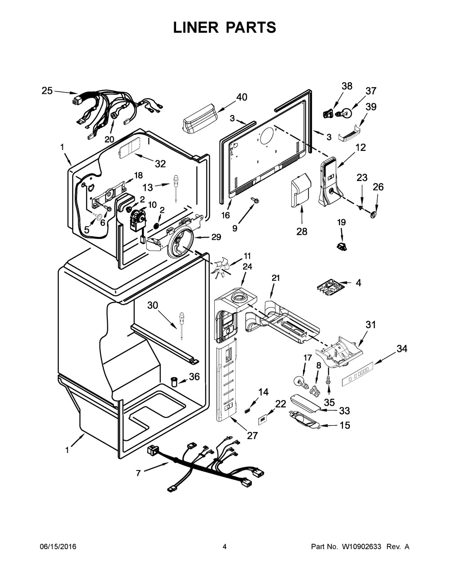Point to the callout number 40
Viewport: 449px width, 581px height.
point(242,97)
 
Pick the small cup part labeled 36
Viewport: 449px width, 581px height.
point(174,381)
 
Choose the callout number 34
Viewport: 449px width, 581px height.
point(402,349)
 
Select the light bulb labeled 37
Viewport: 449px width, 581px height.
point(344,113)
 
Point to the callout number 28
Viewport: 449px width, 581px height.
point(302,231)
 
